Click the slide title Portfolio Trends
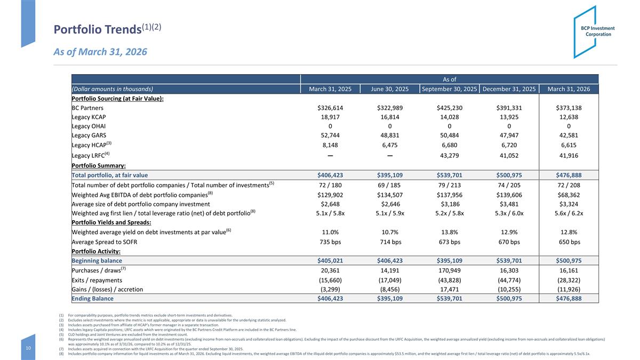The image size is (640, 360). pyautogui.click(x=98, y=29)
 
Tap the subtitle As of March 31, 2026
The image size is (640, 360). pyautogui.click(x=100, y=52)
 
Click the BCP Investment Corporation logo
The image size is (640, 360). pyautogui.click(x=594, y=31)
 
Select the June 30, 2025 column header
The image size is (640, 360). pyautogui.click(x=390, y=89)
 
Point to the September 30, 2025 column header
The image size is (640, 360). pyautogui.click(x=450, y=89)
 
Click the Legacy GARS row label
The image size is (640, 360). pyautogui.click(x=89, y=135)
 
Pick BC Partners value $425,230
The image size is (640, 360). pyautogui.click(x=450, y=108)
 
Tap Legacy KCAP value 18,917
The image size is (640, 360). pyautogui.click(x=330, y=117)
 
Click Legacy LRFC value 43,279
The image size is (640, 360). pyautogui.click(x=450, y=155)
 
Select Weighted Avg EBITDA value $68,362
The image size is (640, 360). pyautogui.click(x=569, y=195)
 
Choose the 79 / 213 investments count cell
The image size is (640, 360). pyautogui.click(x=450, y=185)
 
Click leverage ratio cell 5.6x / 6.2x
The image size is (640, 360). pyautogui.click(x=569, y=213)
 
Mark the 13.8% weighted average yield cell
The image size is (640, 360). pyautogui.click(x=450, y=232)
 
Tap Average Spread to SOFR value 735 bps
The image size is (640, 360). pyautogui.click(x=330, y=242)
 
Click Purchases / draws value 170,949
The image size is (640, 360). pyautogui.click(x=450, y=270)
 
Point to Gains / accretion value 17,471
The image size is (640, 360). pyautogui.click(x=450, y=289)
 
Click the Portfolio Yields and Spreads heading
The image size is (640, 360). pyautogui.click(x=111, y=222)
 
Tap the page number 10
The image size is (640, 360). pyautogui.click(x=28, y=348)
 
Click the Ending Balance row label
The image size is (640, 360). pyautogui.click(x=93, y=298)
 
